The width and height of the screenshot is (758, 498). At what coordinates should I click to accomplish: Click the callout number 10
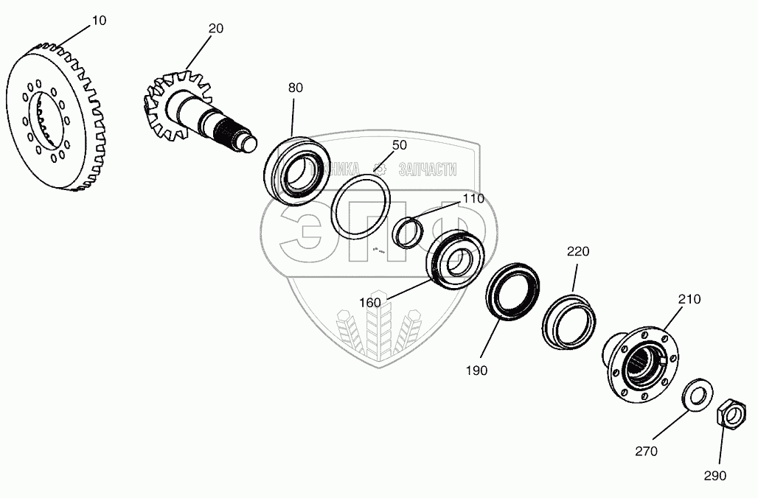point(98,21)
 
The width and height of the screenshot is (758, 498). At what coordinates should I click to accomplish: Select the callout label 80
point(295,88)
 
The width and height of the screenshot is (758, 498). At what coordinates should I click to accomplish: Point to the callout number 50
point(399,145)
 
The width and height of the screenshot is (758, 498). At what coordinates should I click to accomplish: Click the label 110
point(473,199)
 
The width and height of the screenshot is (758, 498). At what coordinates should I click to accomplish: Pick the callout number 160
point(371,302)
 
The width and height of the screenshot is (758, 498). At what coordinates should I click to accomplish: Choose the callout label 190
point(476,371)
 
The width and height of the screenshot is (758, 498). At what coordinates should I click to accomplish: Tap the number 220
point(578,251)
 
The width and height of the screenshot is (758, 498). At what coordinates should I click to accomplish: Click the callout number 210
point(689,299)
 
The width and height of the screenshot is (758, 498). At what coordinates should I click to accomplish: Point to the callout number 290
point(714,475)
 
